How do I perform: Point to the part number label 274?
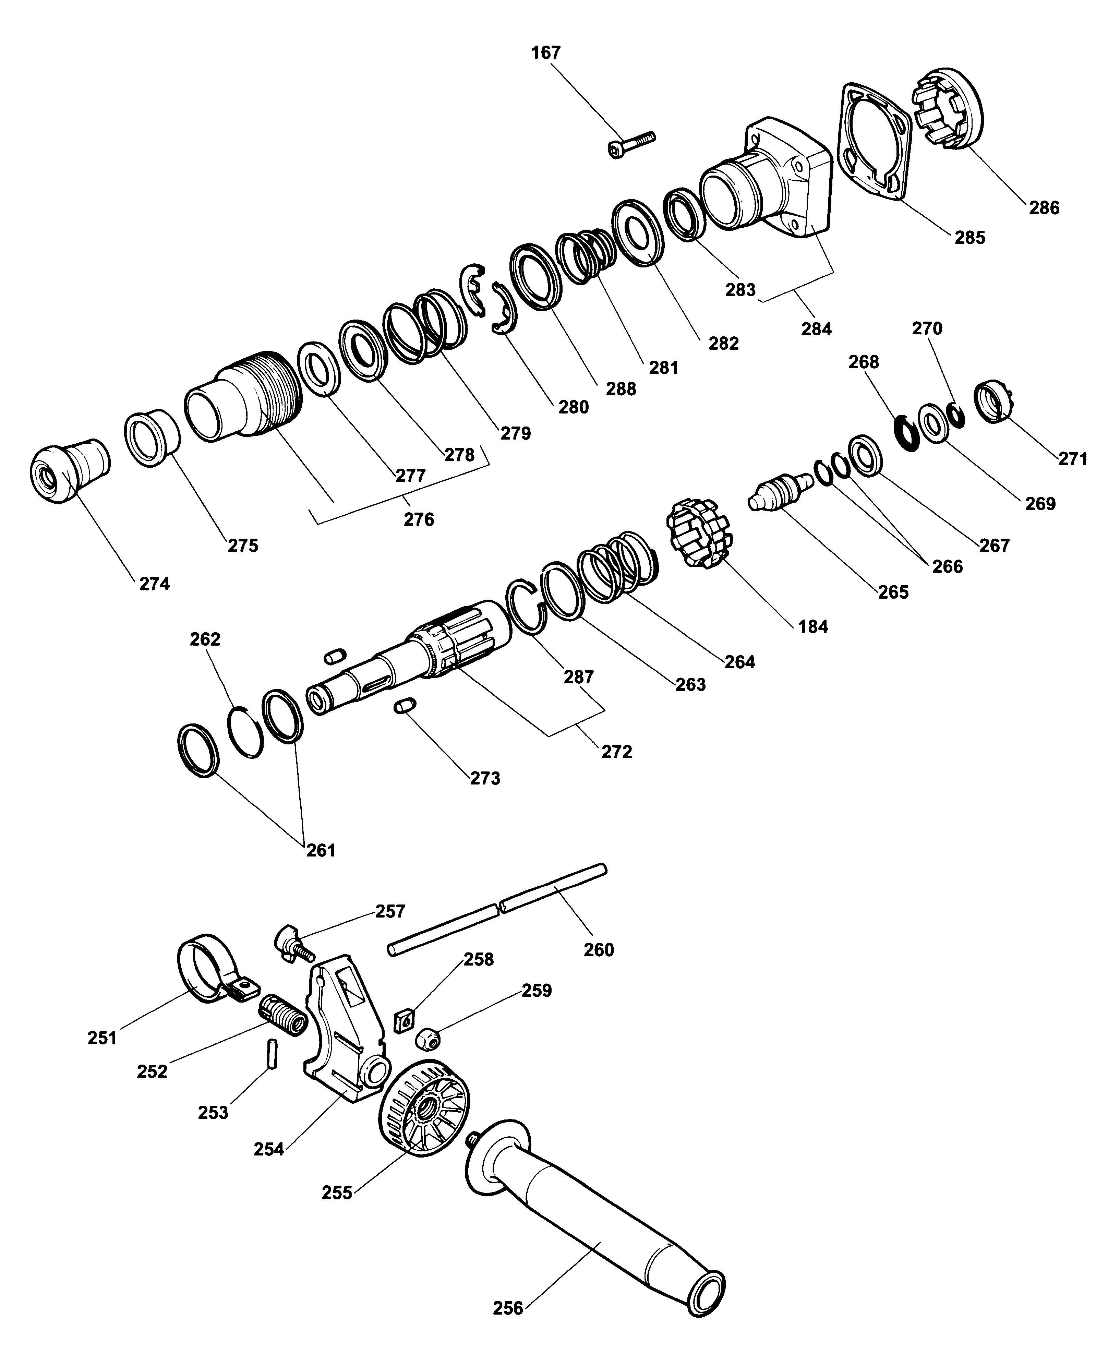[155, 584]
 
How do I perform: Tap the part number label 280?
[573, 407]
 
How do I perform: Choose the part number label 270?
[927, 328]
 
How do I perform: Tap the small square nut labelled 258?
[404, 1020]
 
